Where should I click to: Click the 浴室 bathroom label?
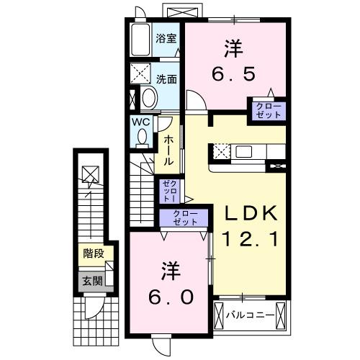click(x=166, y=39)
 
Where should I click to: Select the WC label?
click(x=141, y=122)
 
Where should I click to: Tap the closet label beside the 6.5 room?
click(x=266, y=111)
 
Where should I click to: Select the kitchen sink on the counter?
click(x=241, y=151)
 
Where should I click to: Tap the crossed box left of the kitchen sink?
click(x=220, y=151)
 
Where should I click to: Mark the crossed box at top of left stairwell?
click(x=90, y=174)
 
